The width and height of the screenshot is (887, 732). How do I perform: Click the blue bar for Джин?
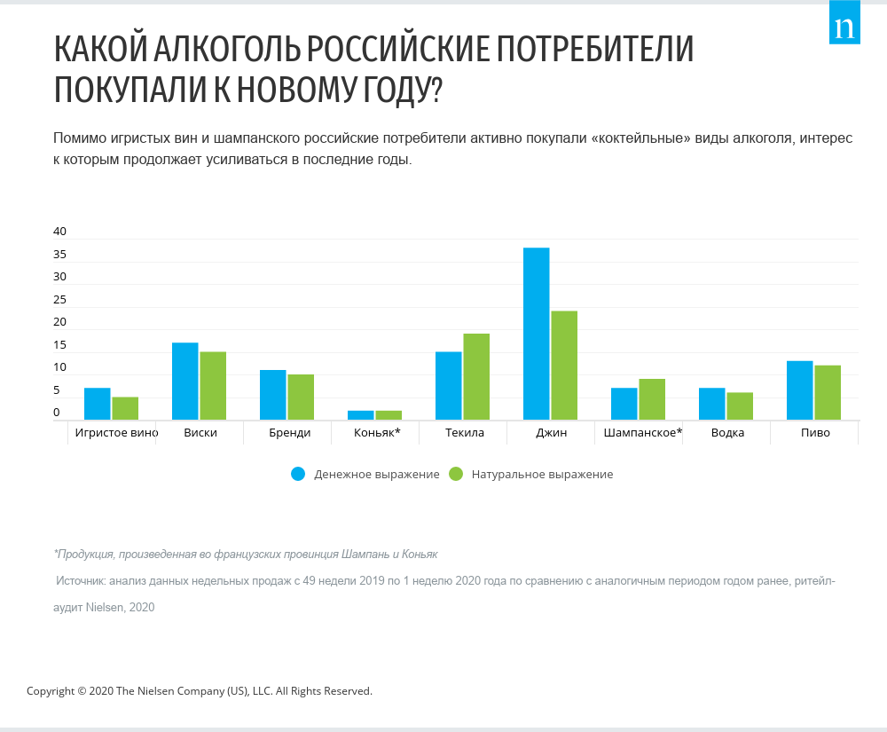pos(536,334)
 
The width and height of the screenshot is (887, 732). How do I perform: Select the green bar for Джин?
pos(564,365)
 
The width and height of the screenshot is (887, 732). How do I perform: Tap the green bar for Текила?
pos(476,376)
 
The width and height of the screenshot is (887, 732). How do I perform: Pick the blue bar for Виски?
pos(184,381)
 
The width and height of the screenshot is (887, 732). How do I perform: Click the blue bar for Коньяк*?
pos(360,414)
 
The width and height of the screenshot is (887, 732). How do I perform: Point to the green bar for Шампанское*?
pos(652,399)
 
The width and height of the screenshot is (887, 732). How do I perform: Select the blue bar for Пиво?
pos(800,390)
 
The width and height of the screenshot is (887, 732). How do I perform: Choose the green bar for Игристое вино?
pos(125,408)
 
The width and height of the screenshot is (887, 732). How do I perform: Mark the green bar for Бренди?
pos(301,397)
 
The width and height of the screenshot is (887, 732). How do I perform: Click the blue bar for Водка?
pos(711,404)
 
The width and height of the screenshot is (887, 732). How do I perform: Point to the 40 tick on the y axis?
pos(60,232)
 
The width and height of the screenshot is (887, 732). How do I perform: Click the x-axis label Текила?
pos(464,433)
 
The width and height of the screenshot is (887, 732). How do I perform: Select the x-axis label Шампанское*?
pos(642,433)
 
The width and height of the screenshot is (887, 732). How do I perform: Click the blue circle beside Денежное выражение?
pos(298,474)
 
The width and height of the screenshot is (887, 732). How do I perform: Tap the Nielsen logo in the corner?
pos(844,28)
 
